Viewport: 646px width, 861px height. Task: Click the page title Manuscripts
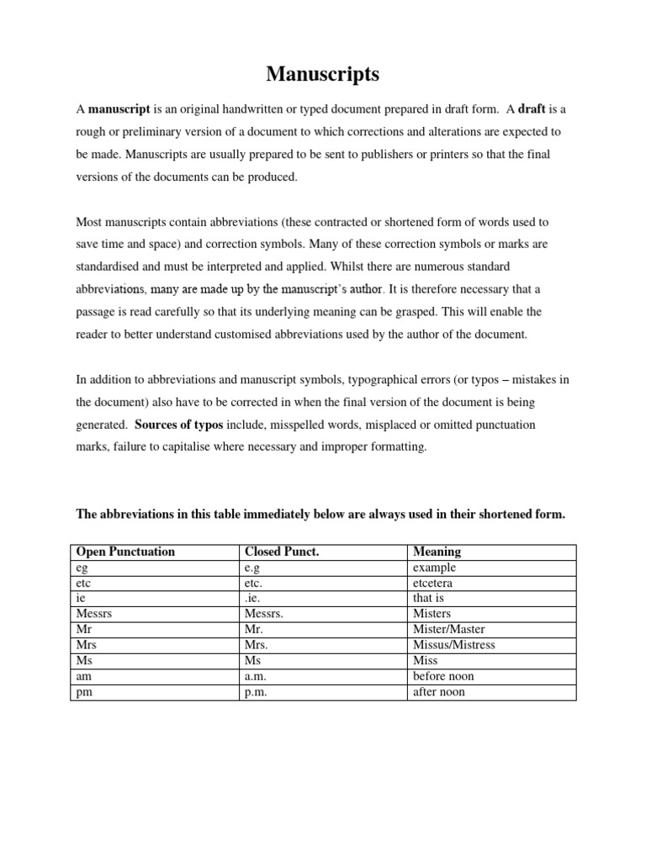click(323, 74)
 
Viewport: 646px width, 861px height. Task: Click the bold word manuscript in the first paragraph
click(119, 109)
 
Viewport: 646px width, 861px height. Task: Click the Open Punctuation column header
click(125, 552)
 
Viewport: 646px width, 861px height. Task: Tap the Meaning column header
click(437, 552)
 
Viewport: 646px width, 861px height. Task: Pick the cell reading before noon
click(443, 676)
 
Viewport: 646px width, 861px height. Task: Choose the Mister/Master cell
click(448, 629)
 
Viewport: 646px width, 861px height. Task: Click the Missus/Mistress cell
click(453, 645)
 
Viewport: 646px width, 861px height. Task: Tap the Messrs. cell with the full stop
click(264, 614)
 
